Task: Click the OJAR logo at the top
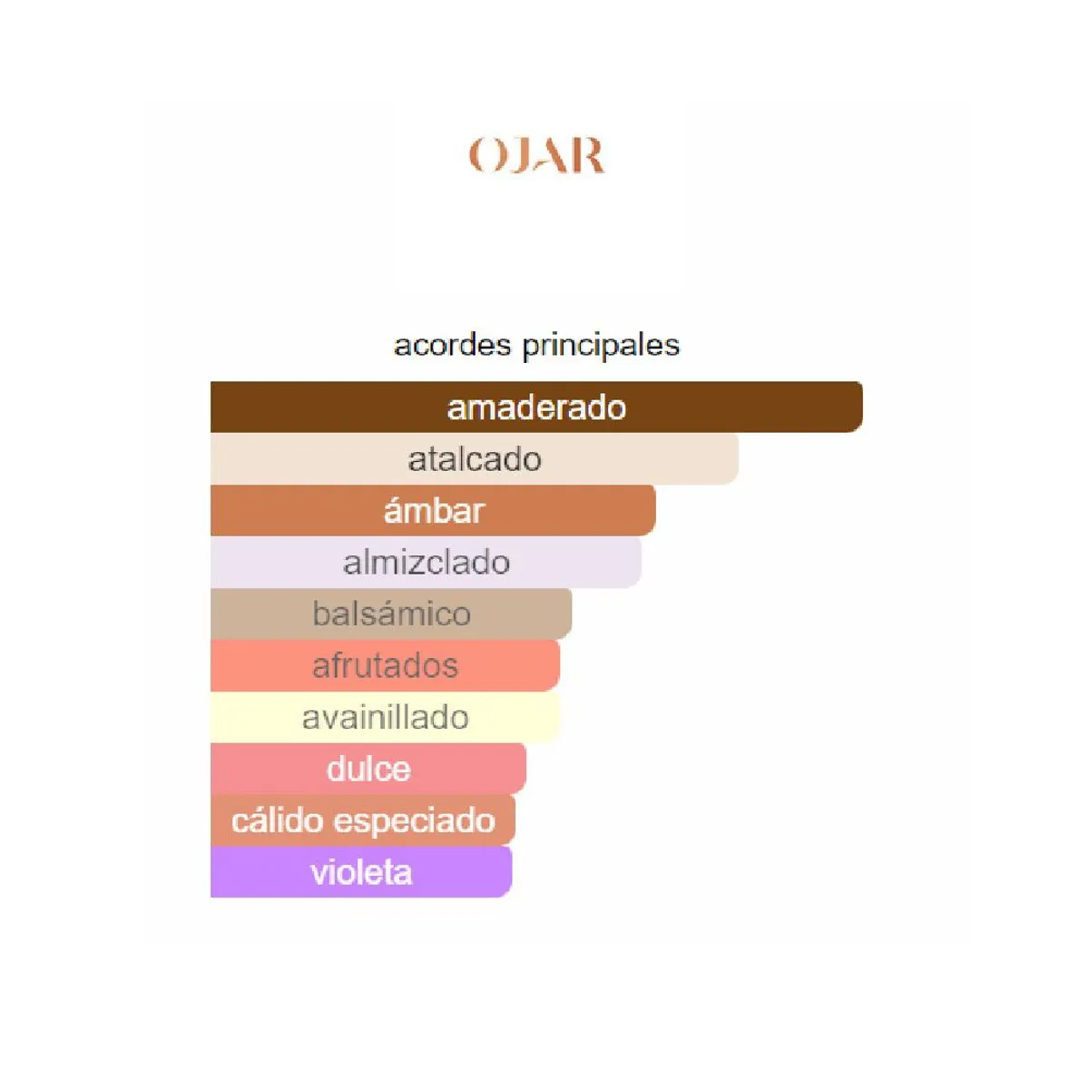click(535, 156)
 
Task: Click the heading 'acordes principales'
click(536, 345)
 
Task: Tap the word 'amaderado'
click(536, 407)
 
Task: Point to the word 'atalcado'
click(475, 459)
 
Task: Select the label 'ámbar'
click(434, 511)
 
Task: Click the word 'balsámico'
click(391, 614)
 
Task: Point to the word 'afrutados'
click(385, 666)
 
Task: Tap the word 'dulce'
click(368, 770)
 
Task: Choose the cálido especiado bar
click(363, 820)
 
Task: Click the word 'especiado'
click(415, 821)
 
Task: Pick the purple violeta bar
click(454, 872)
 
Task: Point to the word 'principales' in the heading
click(600, 346)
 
